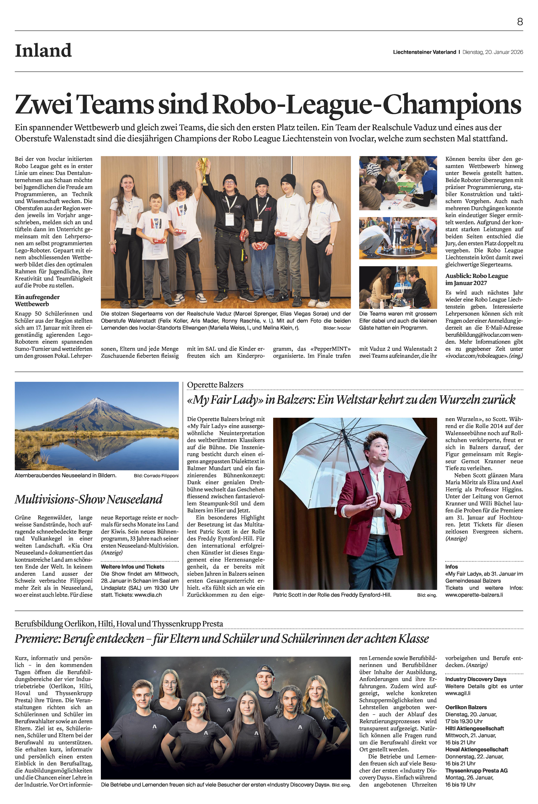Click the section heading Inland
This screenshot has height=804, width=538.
[x=43, y=51]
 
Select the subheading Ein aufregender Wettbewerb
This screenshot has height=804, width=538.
[x=37, y=300]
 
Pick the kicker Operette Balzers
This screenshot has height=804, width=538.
[x=215, y=385]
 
